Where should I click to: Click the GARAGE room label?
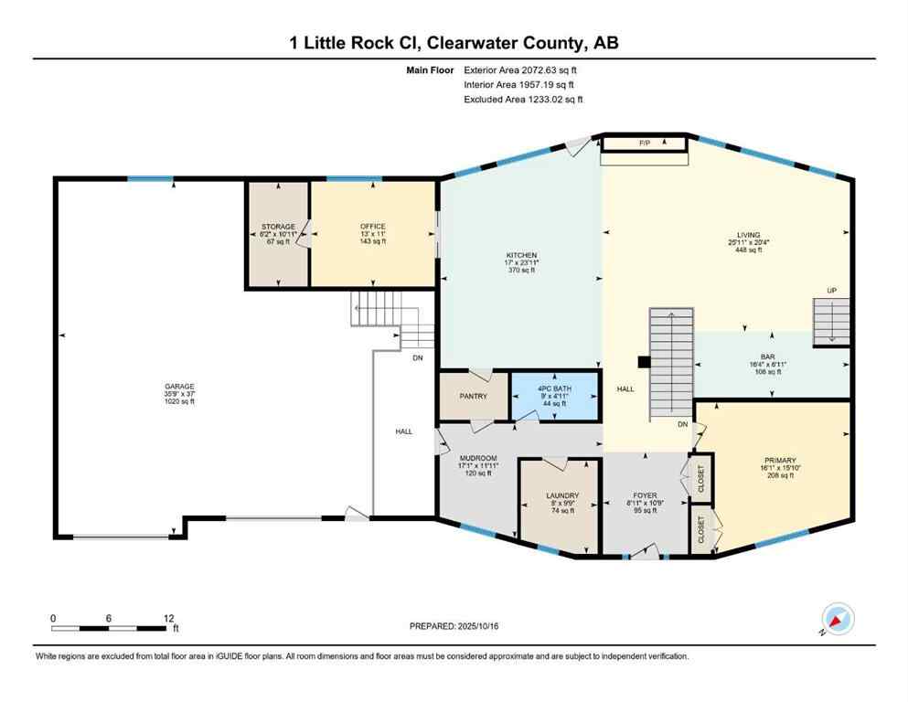click(x=179, y=387)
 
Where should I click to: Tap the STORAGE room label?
click(x=278, y=227)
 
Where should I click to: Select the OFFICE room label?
click(x=372, y=227)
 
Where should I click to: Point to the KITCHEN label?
click(x=522, y=255)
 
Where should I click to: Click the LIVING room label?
click(x=749, y=235)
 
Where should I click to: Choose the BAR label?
click(x=768, y=356)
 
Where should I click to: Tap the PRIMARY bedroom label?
click(x=780, y=460)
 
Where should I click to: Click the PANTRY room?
click(x=473, y=396)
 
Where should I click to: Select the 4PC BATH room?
click(x=554, y=388)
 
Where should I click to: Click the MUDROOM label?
click(x=476, y=458)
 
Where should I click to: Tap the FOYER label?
click(x=645, y=496)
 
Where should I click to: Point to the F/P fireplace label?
click(x=644, y=144)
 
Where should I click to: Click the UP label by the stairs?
click(x=831, y=291)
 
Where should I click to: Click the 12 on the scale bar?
click(x=168, y=618)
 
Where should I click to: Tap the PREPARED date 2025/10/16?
click(x=454, y=626)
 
